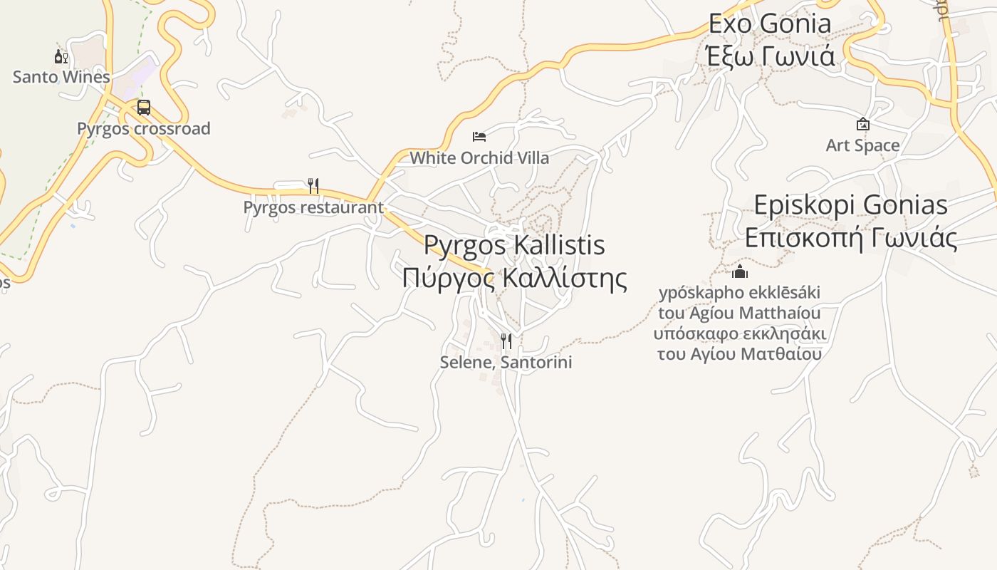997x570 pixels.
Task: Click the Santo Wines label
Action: (61, 77)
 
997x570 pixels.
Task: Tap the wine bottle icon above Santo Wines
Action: (61, 56)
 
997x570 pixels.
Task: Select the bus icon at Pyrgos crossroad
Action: (144, 108)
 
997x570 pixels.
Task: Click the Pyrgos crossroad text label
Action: (144, 129)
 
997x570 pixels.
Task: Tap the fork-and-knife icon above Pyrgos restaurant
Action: (313, 186)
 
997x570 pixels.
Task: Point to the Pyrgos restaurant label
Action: (313, 207)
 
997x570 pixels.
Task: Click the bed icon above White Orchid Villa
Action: (479, 136)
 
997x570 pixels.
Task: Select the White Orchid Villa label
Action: (479, 157)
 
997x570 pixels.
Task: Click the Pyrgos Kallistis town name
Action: (514, 245)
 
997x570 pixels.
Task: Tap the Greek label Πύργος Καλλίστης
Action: (514, 277)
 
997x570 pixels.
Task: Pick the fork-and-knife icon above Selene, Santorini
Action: (506, 341)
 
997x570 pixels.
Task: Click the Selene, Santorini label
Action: (506, 362)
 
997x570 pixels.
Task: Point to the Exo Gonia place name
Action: (769, 24)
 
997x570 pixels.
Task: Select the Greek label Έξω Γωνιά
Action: (769, 56)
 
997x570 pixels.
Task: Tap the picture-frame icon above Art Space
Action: (862, 124)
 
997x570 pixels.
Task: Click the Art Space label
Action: (862, 145)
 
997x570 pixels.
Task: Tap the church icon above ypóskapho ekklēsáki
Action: (740, 271)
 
